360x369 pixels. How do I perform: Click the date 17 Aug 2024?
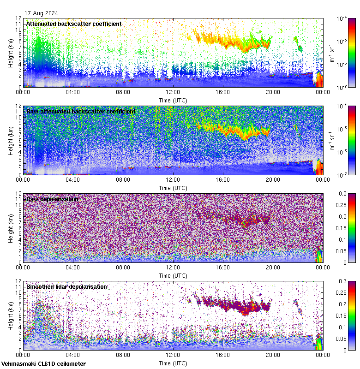coord(42,13)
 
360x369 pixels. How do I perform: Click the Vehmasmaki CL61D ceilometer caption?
coord(43,364)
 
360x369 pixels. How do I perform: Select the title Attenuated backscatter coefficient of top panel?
coord(74,24)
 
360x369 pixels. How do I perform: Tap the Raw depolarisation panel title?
coord(52,199)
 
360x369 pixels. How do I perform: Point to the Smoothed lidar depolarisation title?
coord(66,286)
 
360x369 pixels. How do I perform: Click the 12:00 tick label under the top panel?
coord(173,92)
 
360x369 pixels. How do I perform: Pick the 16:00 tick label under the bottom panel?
coord(223,355)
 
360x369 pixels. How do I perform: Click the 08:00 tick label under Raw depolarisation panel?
coord(123,268)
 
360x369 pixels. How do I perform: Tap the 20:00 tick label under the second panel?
coord(273,180)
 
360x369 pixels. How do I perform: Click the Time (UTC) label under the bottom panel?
coord(173,363)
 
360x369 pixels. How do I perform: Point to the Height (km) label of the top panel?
coord(11,53)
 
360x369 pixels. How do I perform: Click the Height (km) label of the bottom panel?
coord(11,316)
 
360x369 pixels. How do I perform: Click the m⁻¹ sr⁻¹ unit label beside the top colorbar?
coord(331,53)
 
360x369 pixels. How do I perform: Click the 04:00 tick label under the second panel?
coord(73,180)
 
